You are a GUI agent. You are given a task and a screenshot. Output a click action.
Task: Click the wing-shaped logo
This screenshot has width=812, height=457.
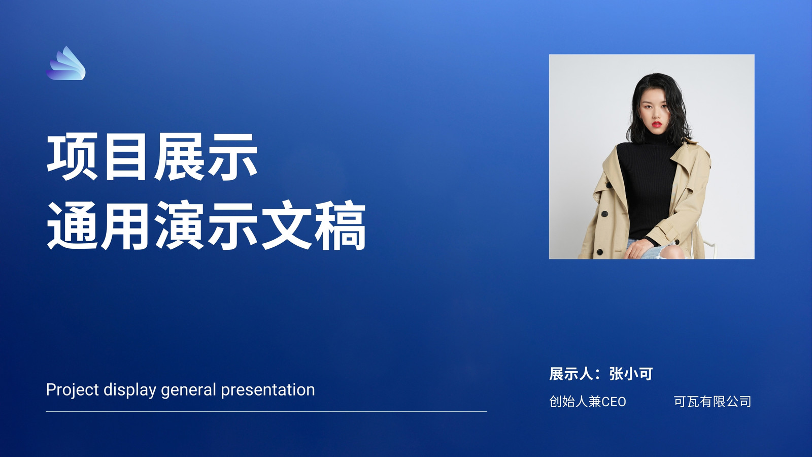click(x=66, y=63)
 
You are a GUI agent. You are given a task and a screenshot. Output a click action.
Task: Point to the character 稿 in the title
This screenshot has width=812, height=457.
click(x=340, y=225)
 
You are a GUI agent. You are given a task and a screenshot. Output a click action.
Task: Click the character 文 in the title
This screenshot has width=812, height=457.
click(x=286, y=225)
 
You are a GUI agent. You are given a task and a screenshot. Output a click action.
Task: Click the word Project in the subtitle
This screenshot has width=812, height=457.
click(x=73, y=390)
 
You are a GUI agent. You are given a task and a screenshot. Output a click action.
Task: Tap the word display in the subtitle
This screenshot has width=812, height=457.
click(x=130, y=390)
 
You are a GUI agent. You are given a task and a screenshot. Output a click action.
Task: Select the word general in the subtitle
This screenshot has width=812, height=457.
click(x=188, y=390)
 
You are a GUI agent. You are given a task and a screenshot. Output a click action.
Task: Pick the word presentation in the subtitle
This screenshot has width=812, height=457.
click(x=268, y=390)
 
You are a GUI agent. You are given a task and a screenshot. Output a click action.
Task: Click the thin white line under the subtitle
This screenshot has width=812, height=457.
click(x=266, y=412)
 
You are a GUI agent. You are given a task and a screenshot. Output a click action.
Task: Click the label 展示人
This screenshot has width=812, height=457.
click(x=571, y=374)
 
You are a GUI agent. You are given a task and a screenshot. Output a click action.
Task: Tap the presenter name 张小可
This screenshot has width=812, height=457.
click(x=631, y=374)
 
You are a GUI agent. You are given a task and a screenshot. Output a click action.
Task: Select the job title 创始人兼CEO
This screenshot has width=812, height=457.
click(x=588, y=402)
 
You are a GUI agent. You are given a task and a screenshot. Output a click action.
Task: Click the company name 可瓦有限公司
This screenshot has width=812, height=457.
click(x=713, y=402)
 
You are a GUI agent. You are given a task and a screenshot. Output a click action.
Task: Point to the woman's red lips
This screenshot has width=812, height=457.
click(x=657, y=124)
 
